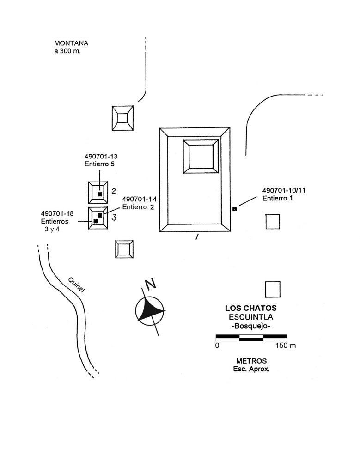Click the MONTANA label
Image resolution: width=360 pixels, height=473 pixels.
[71, 43]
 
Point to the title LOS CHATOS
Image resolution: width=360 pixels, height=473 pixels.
[250, 308]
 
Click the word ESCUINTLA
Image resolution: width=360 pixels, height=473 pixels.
[250, 317]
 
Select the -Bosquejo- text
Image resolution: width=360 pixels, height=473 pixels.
[250, 326]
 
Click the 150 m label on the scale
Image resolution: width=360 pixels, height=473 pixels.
[285, 346]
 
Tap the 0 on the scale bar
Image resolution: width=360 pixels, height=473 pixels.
[217, 346]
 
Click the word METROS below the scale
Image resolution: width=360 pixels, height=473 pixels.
[251, 361]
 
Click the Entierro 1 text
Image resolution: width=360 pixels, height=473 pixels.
[278, 199]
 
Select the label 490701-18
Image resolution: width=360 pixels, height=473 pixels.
[58, 213]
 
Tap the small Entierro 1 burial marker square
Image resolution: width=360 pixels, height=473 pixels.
[235, 209]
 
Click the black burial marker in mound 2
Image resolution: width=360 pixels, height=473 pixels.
[99, 194]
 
